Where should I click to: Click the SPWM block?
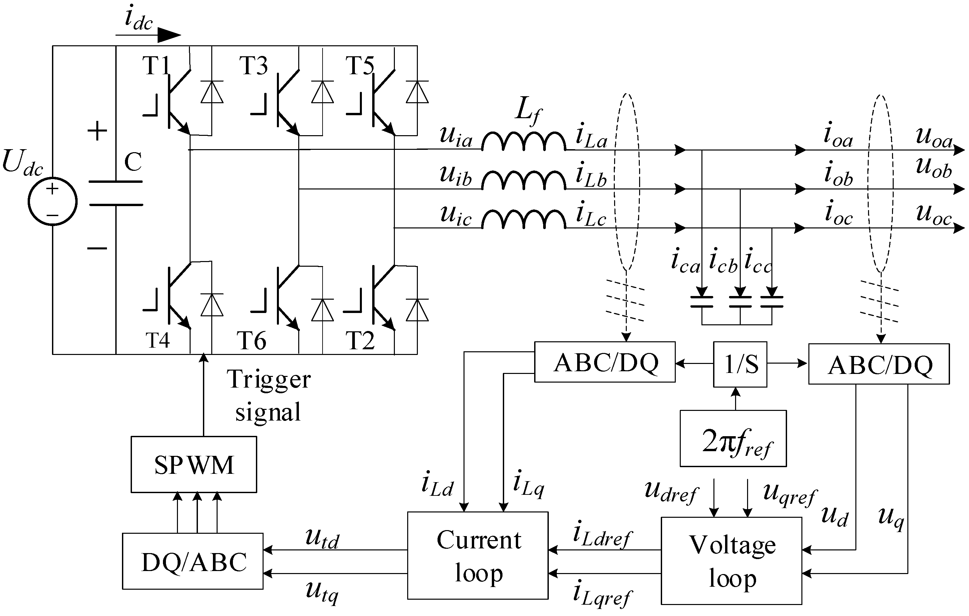(x=194, y=464)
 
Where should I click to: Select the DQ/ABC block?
(x=193, y=561)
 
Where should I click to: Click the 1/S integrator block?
(x=740, y=364)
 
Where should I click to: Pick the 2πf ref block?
(x=733, y=438)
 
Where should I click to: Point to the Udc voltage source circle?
(x=52, y=201)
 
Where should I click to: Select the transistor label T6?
(x=252, y=341)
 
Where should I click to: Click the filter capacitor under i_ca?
(x=702, y=302)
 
